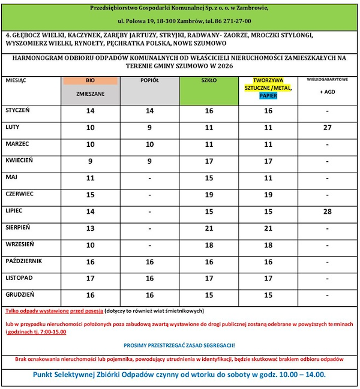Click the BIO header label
[90, 80]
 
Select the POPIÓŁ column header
[149, 80]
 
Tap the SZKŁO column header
[208, 80]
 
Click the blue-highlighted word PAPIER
[268, 95]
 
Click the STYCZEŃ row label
[17, 111]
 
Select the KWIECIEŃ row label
[21, 161]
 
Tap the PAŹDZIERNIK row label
[23, 261]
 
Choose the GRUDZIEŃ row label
[20, 294]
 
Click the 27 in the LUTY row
[327, 128]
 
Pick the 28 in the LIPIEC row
[327, 212]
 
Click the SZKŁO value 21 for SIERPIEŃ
[209, 228]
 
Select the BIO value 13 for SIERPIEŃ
[91, 228]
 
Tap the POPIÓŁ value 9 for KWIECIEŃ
[149, 161]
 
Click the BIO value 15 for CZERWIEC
[91, 195]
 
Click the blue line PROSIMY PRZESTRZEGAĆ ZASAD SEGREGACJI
[179, 346]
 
